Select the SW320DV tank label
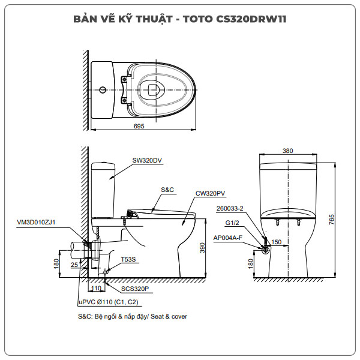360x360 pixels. tap(148, 160)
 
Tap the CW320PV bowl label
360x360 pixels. tap(210, 194)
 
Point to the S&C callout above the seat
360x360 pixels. tap(167, 190)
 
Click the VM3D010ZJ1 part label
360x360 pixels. tap(36, 222)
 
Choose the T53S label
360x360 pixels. tap(128, 259)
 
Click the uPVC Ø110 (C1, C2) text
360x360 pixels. tap(108, 302)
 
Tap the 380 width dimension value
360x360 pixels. tap(288, 151)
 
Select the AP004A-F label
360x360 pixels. tap(227, 238)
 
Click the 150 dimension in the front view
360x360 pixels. tap(276, 242)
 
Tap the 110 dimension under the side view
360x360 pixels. tap(96, 279)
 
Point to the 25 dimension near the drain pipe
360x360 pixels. tap(74, 265)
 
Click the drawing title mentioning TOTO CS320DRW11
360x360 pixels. tap(180, 19)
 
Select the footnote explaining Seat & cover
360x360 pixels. tap(133, 316)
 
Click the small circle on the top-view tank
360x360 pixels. tap(103, 91)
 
